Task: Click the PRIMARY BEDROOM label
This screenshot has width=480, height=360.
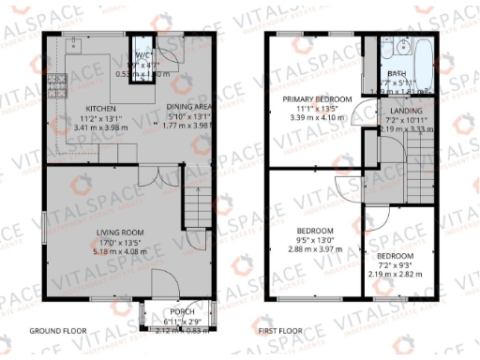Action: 318,99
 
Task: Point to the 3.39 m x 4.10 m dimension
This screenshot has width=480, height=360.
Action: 318,118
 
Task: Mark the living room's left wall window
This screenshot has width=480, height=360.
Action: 44,230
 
